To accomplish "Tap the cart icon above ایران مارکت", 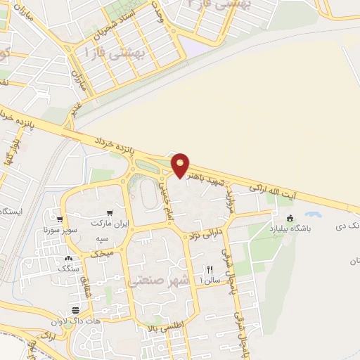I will [109, 213].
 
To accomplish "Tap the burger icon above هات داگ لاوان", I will [75, 310].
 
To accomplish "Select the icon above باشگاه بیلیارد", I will [289, 218].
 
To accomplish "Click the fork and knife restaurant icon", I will [209, 269].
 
